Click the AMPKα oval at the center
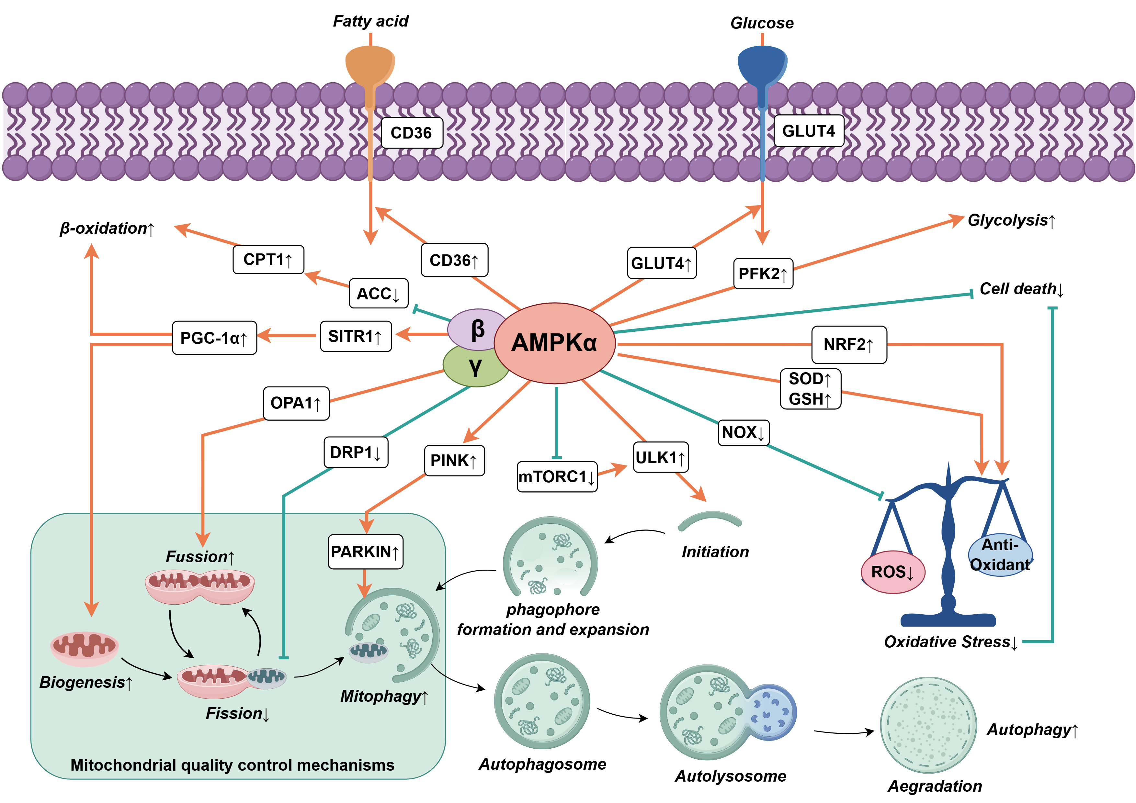pyautogui.click(x=554, y=343)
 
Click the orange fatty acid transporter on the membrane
pyautogui.click(x=370, y=67)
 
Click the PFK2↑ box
pyautogui.click(x=762, y=273)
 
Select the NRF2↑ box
pyautogui.click(x=848, y=345)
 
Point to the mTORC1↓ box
pyautogui.click(x=557, y=477)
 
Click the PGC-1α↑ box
pyautogui.click(x=214, y=338)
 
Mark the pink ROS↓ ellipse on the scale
pyautogui.click(x=892, y=572)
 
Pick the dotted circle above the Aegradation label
pyautogui.click(x=928, y=725)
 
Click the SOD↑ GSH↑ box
pyautogui.click(x=810, y=389)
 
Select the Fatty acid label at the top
pyautogui.click(x=370, y=21)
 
